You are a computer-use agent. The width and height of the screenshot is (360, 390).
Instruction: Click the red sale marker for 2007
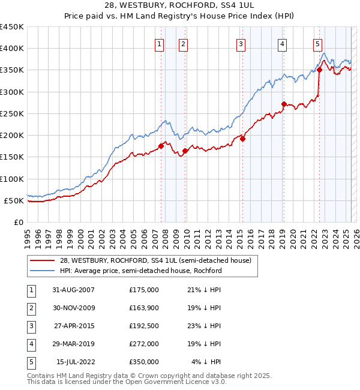coord(161,146)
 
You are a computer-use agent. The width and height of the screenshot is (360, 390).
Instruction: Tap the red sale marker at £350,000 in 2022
coord(319,70)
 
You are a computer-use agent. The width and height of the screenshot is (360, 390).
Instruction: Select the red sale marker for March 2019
coord(284,104)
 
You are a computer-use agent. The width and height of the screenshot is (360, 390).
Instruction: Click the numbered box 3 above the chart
coord(240,43)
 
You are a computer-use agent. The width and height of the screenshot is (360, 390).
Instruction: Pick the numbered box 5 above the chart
coord(317,43)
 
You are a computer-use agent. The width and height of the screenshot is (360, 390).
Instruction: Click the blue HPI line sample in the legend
coord(43,271)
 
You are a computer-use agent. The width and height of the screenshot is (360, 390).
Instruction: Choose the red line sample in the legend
coord(43,260)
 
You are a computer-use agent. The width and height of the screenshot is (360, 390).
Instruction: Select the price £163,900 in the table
coord(143,308)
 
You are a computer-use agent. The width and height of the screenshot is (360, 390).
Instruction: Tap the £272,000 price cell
coord(143,344)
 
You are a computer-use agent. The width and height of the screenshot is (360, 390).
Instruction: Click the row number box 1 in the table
coord(31,290)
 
